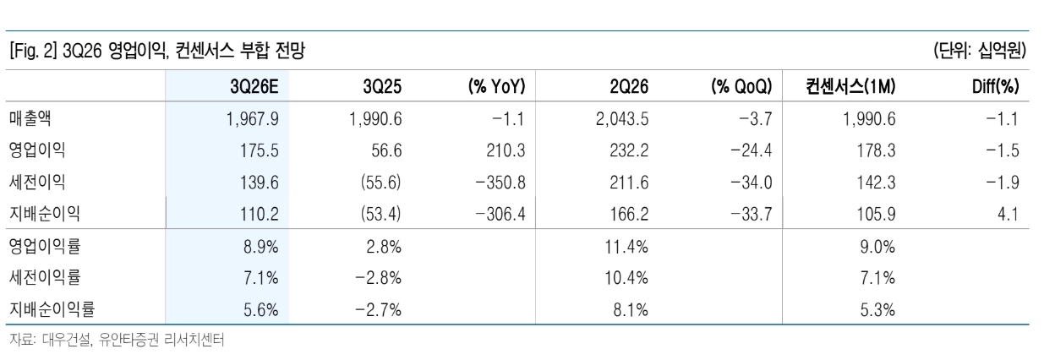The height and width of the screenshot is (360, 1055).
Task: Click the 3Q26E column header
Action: coord(254,86)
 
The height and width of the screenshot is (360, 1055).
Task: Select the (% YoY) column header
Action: coord(496,86)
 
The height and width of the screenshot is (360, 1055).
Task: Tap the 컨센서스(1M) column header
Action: coord(850,86)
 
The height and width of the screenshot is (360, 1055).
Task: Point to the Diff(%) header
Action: coord(995,86)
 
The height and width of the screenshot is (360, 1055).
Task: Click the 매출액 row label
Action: coord(30,118)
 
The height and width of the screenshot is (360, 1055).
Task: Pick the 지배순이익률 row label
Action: coord(52,309)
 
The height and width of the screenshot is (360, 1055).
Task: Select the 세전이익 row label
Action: coord(37,182)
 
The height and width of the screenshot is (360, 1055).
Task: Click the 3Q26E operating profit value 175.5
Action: coord(259,150)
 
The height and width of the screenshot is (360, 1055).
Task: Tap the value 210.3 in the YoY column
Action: coord(506,150)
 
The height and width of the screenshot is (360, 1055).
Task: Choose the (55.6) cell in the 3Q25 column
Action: coord(381,183)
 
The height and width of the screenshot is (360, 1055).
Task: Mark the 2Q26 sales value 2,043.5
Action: coord(621,119)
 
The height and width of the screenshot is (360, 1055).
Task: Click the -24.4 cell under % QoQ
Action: coord(751,150)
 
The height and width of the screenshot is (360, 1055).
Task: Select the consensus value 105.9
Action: coord(876,214)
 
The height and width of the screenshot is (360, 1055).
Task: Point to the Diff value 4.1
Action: coord(1008,214)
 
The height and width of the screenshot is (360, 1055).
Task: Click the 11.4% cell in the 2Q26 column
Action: coord(626,247)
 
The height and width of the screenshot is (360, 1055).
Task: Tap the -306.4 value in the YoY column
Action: coord(500,214)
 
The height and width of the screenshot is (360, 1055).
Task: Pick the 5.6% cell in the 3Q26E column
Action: coord(260,309)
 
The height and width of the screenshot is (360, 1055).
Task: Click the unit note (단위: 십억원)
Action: coord(980,51)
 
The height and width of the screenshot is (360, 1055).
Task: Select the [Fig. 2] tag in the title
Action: coord(33,51)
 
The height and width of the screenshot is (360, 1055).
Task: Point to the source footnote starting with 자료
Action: coord(117,339)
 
